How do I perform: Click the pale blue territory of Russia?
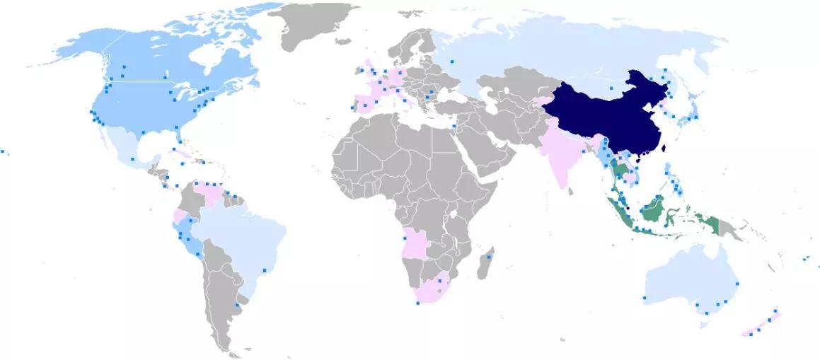(x=566, y=53)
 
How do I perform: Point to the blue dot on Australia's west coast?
(x=645, y=298)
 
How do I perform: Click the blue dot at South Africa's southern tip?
(x=417, y=303)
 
